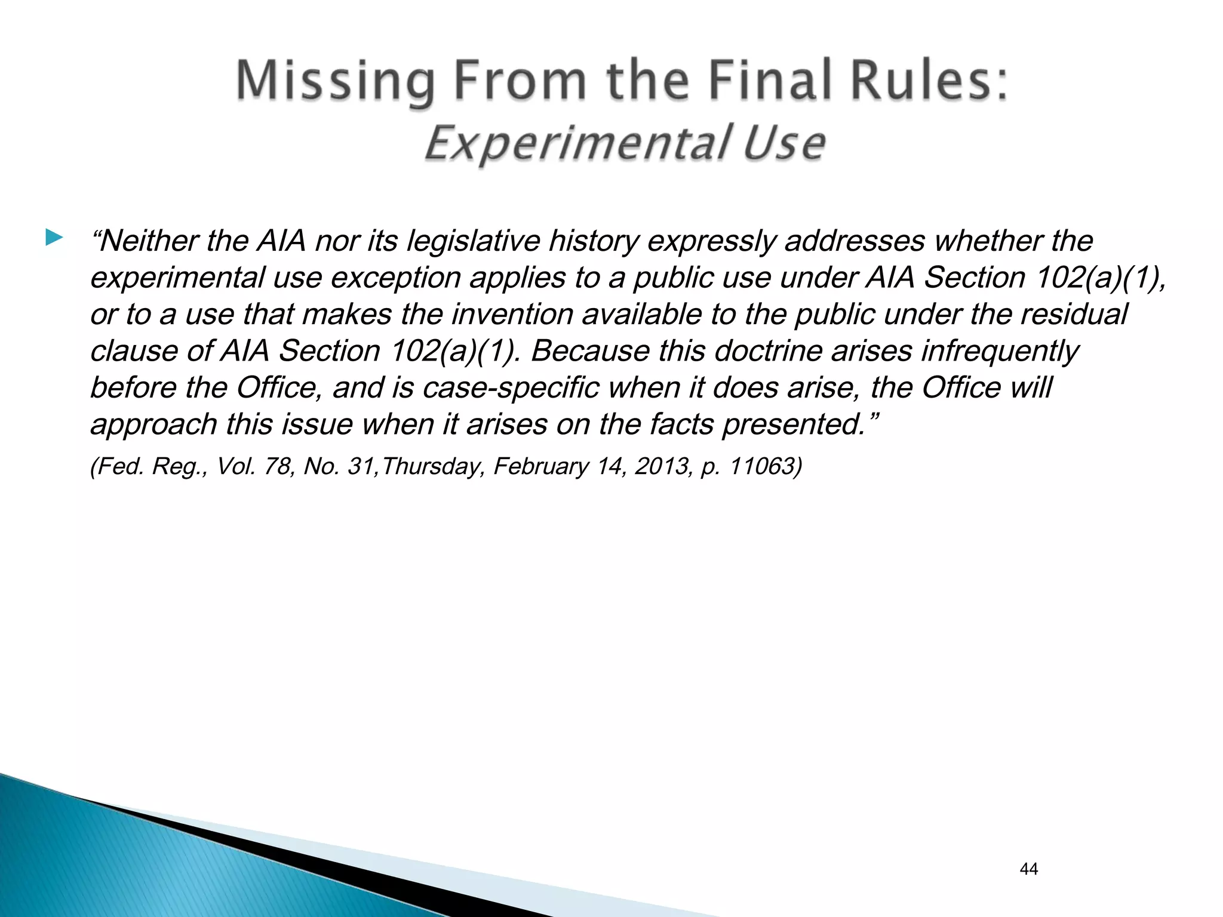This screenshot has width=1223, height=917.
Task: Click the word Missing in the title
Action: [335, 81]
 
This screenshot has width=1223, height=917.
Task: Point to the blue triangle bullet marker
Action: [54, 238]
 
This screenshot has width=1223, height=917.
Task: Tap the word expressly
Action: [711, 241]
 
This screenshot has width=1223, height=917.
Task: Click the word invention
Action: [512, 315]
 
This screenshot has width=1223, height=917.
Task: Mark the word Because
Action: [589, 351]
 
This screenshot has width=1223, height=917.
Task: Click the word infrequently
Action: [1000, 351]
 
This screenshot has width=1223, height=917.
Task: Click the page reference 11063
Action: [761, 466]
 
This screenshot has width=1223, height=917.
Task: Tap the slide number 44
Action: [1029, 869]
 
